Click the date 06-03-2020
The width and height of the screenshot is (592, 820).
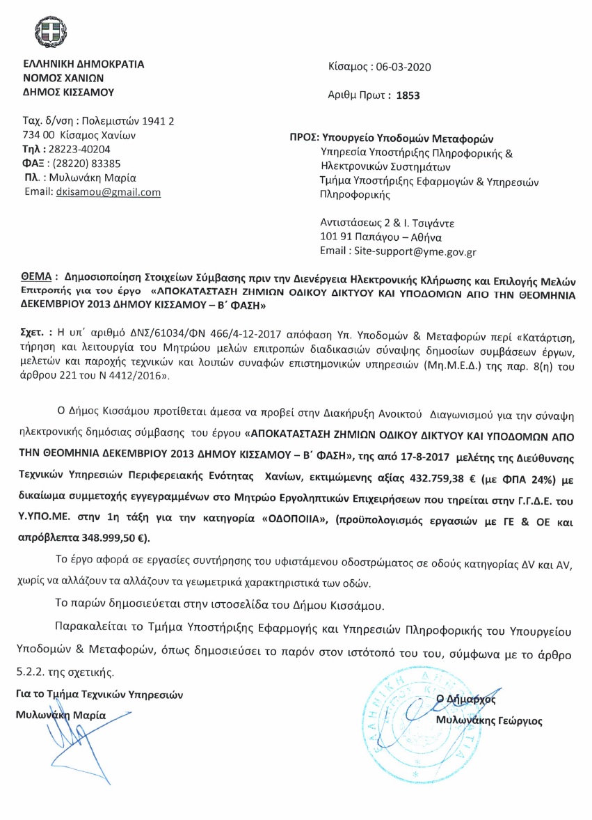[403, 67]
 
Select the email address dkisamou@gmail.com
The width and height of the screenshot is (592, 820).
[108, 192]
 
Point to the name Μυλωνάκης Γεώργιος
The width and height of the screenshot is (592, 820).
[488, 720]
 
